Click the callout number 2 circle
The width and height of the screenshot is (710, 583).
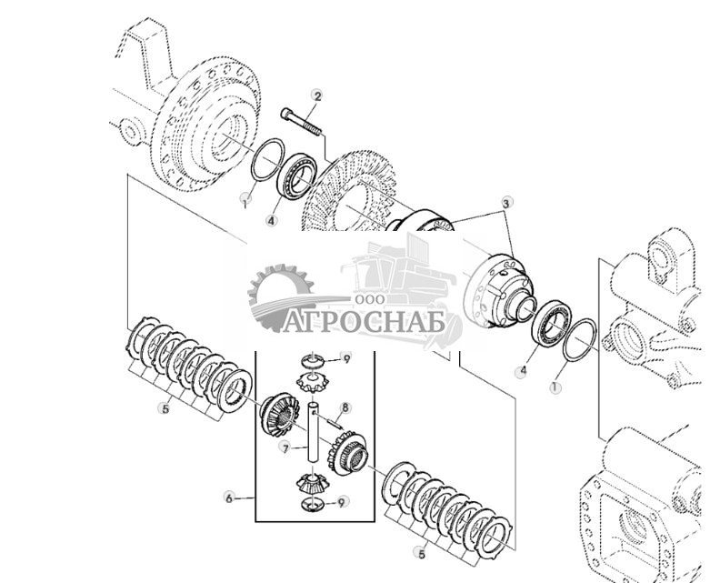click(316, 95)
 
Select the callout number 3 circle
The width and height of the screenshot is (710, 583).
click(507, 202)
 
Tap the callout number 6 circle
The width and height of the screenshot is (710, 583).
click(229, 498)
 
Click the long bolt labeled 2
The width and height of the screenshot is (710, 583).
click(303, 123)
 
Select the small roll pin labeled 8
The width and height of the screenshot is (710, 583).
click(332, 420)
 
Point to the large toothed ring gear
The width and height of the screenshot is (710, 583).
click(355, 196)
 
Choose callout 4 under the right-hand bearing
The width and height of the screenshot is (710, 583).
click(522, 371)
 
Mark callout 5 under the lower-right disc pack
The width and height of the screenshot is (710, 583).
click(421, 552)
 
